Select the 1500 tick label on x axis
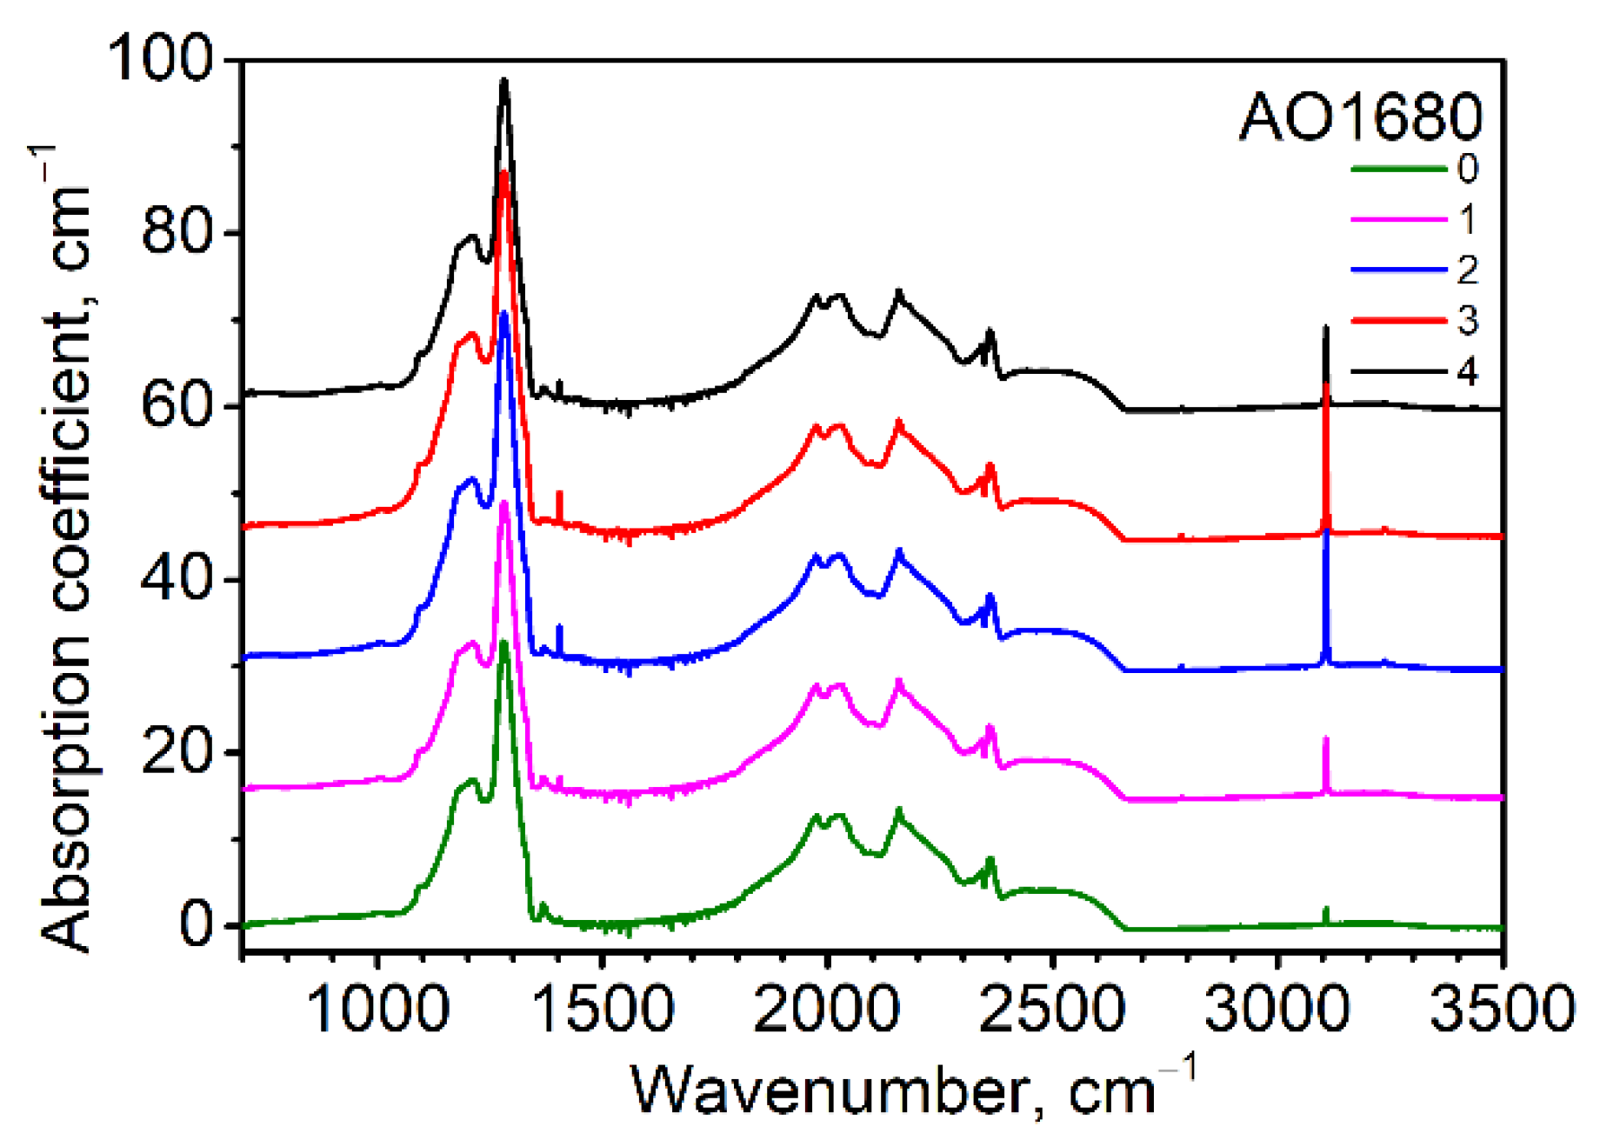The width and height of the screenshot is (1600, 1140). pos(601,1010)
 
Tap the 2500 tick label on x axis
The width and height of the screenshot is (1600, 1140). pos(1052,1010)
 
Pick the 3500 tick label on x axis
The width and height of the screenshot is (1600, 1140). pos(1502,1010)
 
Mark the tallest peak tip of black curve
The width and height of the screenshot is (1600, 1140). pos(503,81)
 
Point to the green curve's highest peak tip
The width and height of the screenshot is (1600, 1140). pos(503,643)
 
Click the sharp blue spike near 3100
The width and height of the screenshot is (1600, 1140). pos(1327,532)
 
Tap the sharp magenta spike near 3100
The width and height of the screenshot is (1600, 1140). pos(1326,739)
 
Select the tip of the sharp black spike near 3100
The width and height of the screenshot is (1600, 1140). pos(1325,328)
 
